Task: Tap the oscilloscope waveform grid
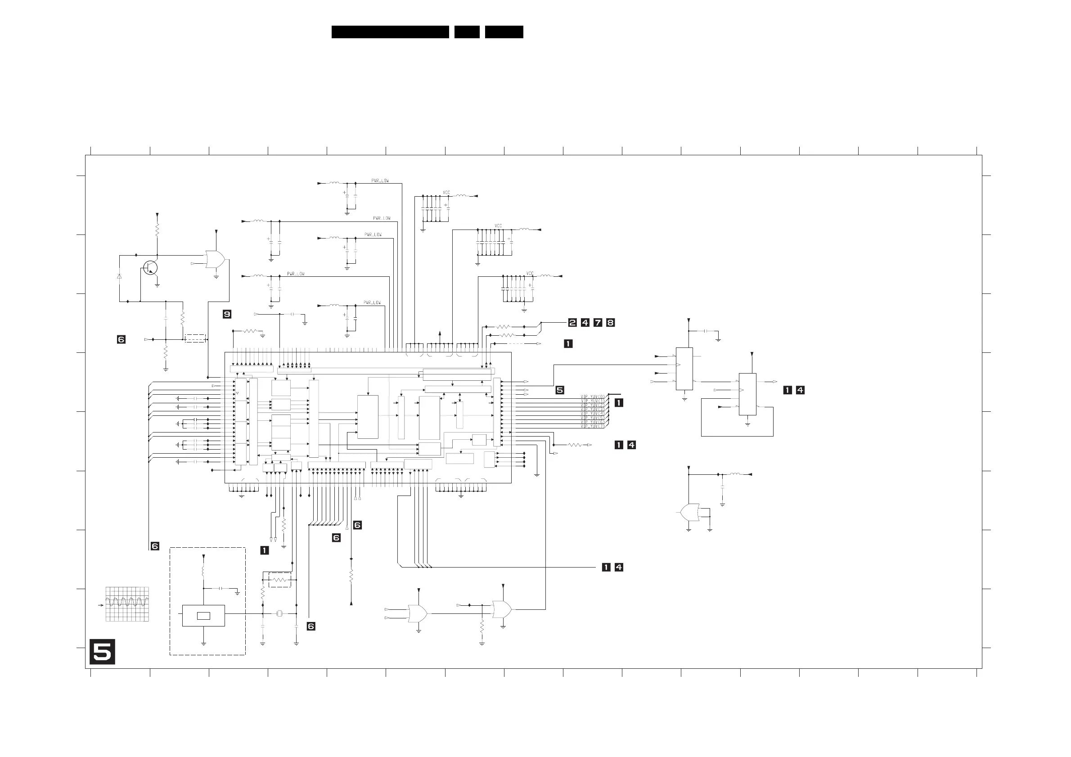pos(127,604)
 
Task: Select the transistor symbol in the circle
pos(150,268)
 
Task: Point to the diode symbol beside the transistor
pos(119,276)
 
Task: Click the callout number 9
pos(227,315)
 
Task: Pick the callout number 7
pos(598,322)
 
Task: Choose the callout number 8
pos(610,322)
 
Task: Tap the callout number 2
pos(572,322)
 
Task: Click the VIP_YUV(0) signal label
pos(592,397)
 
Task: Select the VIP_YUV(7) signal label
pos(592,426)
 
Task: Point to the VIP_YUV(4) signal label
pos(592,414)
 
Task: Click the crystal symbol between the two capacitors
pos(279,613)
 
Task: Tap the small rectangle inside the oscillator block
pos(203,616)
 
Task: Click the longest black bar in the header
pos(390,32)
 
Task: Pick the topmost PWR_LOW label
pos(380,180)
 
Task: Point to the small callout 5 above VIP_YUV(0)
pos(560,390)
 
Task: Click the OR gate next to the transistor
pos(215,259)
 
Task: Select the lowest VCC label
pos(530,273)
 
